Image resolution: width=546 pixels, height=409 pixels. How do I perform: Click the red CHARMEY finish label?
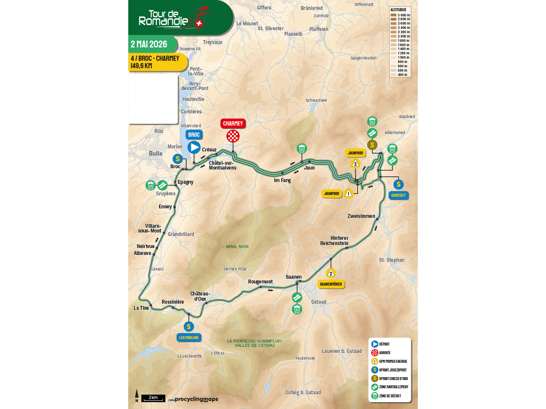[x=233, y=123]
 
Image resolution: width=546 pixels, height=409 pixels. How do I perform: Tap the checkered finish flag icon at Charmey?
[x=233, y=136]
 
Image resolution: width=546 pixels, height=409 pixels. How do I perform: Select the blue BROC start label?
[x=194, y=135]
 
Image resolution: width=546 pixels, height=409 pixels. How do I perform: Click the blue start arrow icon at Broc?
[x=194, y=148]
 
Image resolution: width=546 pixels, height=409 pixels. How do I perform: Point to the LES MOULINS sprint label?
[x=189, y=337]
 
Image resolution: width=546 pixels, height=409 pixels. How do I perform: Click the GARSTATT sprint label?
[x=398, y=195]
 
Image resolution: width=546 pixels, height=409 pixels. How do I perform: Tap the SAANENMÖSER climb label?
[x=331, y=284]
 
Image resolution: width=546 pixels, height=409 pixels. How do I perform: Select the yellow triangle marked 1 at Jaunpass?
[x=349, y=193]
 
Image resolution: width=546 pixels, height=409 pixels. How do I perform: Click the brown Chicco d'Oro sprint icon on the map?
[x=372, y=145]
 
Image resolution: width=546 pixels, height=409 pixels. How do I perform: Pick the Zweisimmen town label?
[x=361, y=216]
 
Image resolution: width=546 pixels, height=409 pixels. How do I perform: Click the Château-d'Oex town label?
[x=200, y=296]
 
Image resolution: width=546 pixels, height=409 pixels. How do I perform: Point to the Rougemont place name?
[x=260, y=281]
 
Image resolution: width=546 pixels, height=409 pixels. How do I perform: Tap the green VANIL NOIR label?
[x=237, y=246]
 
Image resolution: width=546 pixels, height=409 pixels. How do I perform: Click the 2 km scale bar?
[x=153, y=398]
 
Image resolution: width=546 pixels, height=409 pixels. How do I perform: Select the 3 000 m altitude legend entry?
[x=400, y=15]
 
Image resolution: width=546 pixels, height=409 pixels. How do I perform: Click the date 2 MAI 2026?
[x=149, y=44]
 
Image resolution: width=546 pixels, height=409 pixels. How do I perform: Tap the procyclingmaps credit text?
[x=196, y=399]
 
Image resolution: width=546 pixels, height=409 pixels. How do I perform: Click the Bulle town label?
[x=156, y=154]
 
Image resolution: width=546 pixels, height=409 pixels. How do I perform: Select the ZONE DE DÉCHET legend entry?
[x=389, y=396]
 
